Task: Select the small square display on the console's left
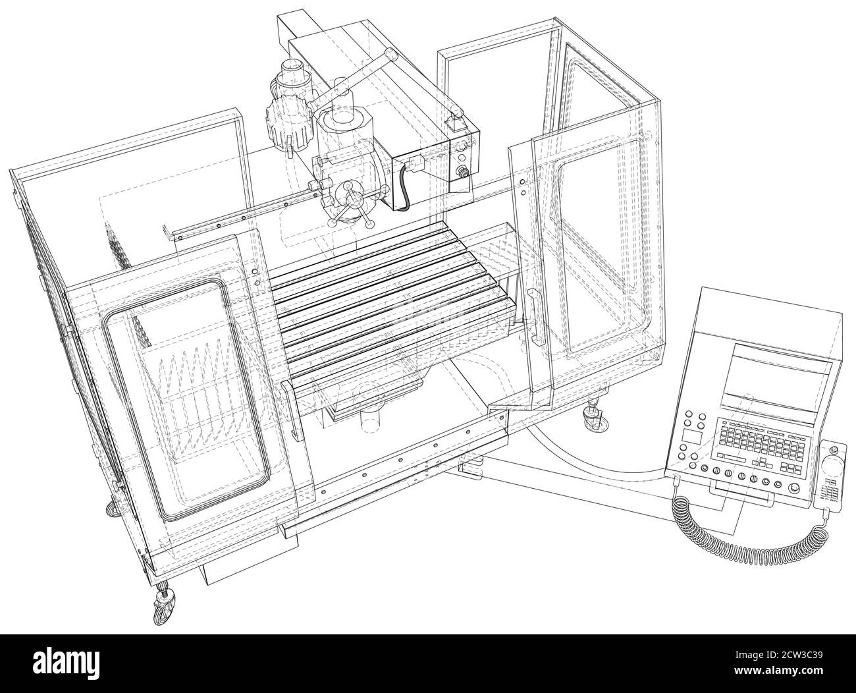[x=692, y=437]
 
